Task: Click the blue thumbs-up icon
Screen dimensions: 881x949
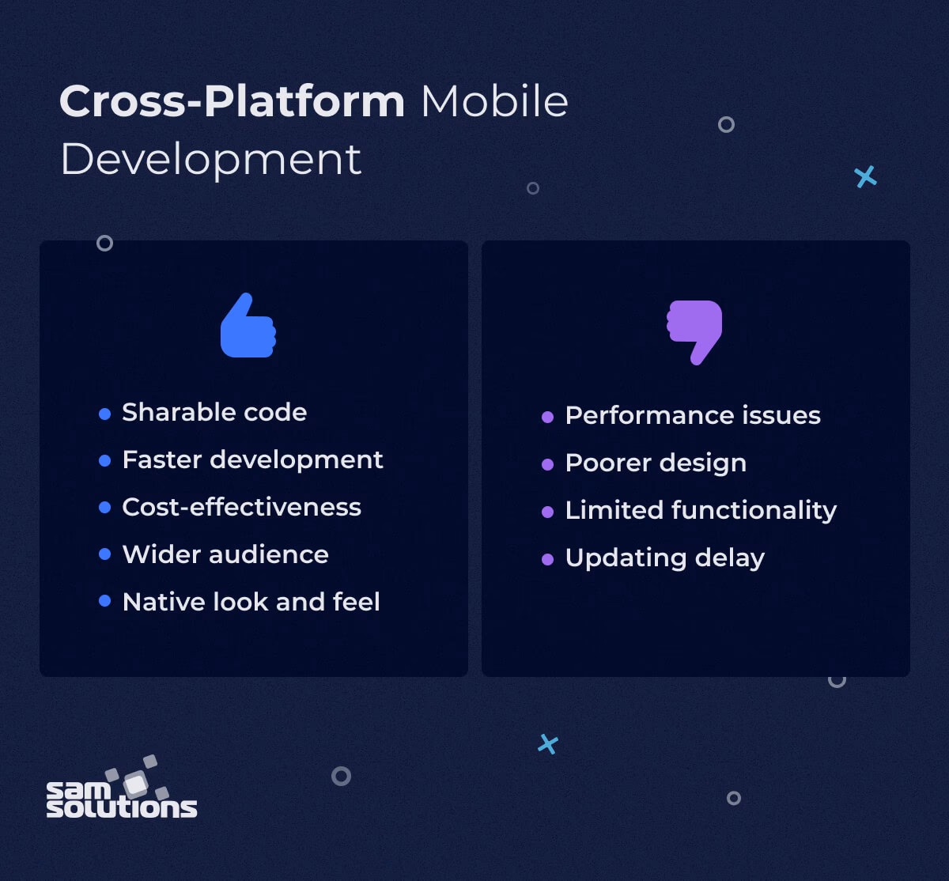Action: (x=248, y=326)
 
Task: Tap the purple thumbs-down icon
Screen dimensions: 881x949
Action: (x=695, y=331)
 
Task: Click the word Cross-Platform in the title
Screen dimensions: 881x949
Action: (x=232, y=101)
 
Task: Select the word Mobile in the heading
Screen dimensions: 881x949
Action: (x=494, y=101)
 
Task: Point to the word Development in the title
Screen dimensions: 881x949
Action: (x=210, y=160)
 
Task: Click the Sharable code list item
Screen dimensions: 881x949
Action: (x=214, y=412)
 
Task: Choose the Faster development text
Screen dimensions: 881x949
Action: (x=252, y=459)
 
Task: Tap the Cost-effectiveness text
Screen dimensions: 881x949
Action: (x=241, y=507)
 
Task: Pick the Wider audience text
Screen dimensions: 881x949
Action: (x=225, y=554)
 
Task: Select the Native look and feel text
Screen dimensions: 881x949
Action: (x=251, y=602)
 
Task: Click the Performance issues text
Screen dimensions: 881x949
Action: (x=693, y=415)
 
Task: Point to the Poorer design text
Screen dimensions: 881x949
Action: (x=656, y=463)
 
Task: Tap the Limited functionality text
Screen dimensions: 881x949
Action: (x=701, y=510)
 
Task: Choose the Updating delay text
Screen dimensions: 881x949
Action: (x=664, y=558)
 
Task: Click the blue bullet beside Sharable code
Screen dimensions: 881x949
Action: (x=104, y=414)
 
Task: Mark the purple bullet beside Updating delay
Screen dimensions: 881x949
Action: (x=547, y=559)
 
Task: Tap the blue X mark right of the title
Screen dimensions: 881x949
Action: (x=866, y=176)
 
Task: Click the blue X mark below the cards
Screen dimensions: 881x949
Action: (x=548, y=743)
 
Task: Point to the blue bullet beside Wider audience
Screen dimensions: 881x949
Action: (x=104, y=554)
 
